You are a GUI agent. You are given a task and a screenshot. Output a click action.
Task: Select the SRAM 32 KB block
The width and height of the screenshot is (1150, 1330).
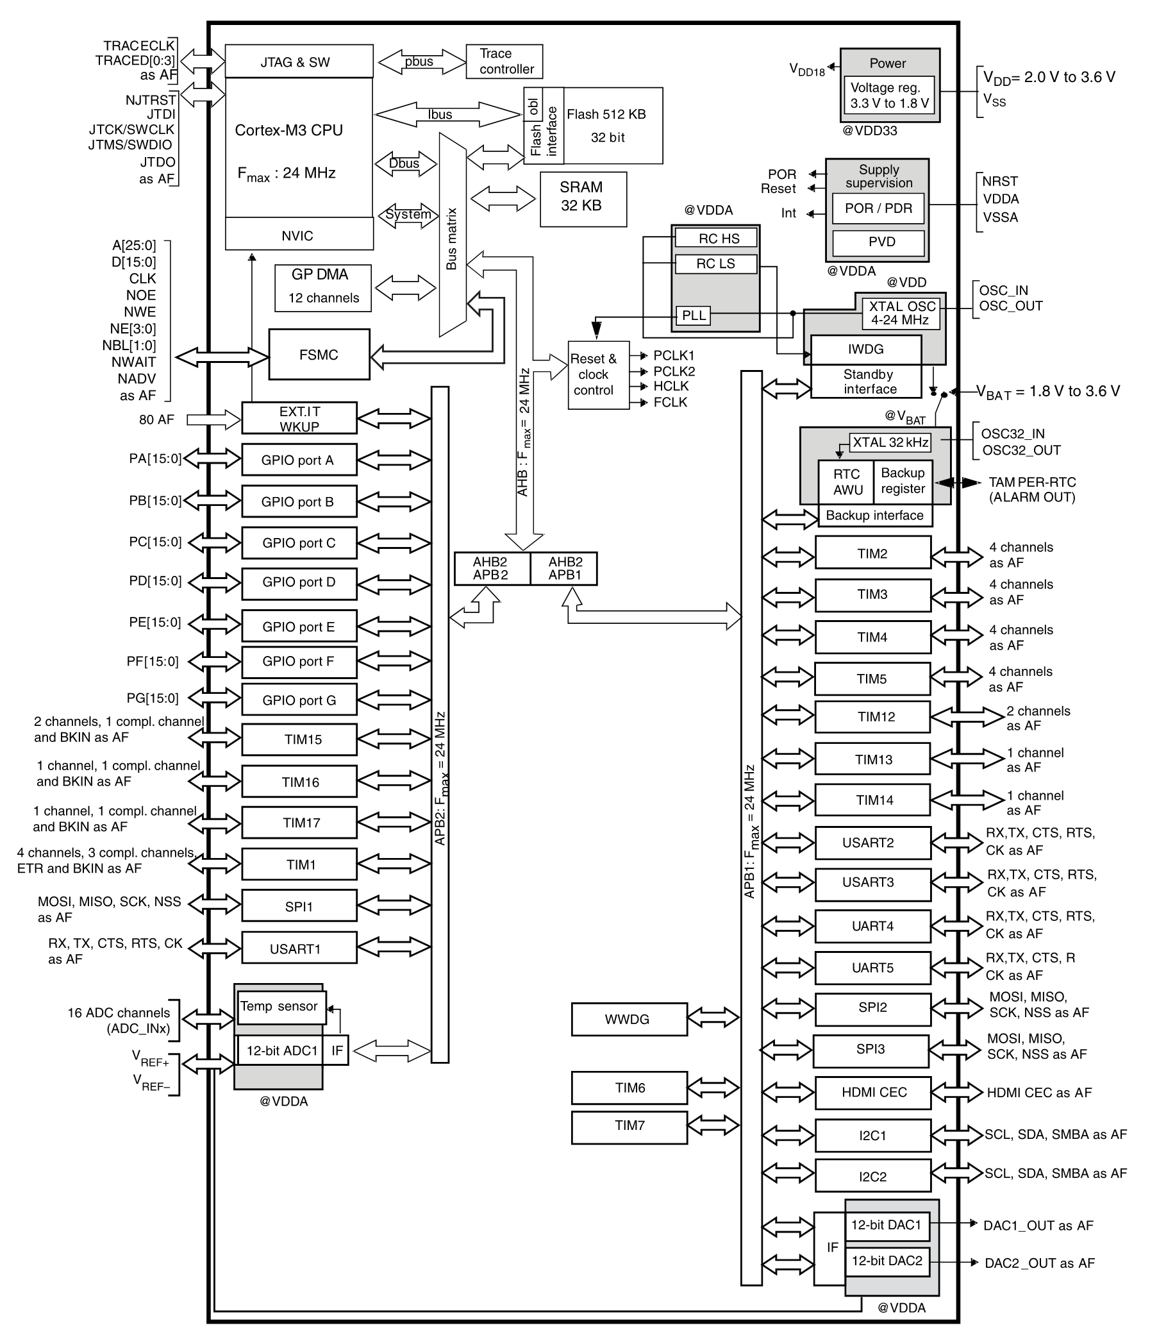coord(583,199)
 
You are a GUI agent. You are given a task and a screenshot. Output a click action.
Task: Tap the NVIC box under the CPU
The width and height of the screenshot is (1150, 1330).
coord(299,233)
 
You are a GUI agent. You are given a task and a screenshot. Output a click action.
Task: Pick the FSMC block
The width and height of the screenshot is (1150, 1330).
coord(319,355)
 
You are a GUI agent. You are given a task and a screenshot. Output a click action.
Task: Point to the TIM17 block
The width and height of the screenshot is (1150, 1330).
coord(299,822)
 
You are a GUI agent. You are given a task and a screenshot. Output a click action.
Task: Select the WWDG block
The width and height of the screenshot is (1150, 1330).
coord(629,1020)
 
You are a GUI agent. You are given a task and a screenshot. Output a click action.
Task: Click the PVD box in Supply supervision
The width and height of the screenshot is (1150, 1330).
coord(879,242)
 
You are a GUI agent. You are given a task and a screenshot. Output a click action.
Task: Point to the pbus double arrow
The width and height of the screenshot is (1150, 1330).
coord(422,62)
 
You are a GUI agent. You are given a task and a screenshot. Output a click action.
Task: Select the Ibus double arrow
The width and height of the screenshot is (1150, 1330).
coord(448,114)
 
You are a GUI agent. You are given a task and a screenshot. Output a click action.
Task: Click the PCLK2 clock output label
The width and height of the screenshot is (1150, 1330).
coord(674,371)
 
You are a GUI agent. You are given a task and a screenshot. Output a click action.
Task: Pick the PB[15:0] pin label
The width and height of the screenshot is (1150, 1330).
coord(155,501)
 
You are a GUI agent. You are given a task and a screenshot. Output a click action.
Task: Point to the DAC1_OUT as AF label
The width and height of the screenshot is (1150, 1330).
coord(1038,1225)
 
